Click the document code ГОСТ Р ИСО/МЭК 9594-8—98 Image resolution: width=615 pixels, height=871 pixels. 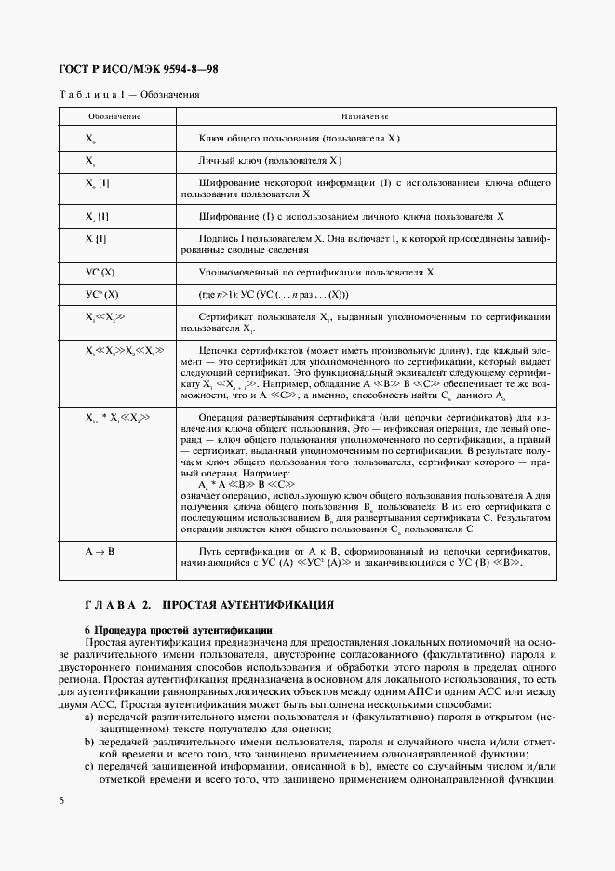coord(138,71)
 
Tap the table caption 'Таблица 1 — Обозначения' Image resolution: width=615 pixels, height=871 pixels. coord(129,94)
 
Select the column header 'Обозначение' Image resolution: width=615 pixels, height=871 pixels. coord(114,116)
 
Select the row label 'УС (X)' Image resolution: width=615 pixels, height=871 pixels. coord(99,273)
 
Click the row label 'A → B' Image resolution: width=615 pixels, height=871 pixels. coord(100,551)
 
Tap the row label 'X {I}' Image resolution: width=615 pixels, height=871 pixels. coord(96,239)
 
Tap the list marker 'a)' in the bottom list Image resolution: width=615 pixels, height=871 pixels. coord(89,717)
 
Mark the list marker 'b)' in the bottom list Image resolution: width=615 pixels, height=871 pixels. coord(89,742)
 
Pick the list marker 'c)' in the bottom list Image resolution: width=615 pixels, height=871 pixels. coord(89,766)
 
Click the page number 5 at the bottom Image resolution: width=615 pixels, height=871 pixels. coord(61,800)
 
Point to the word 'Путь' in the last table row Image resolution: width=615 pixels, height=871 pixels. coord(211,551)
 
